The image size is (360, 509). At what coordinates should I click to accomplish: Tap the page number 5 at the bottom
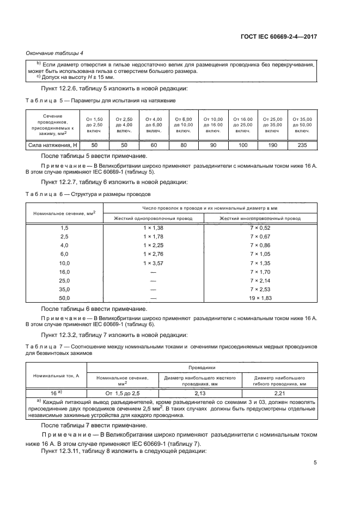click(315, 463)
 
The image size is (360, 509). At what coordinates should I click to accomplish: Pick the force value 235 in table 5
click(302, 145)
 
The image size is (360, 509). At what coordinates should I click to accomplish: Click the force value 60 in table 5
click(154, 145)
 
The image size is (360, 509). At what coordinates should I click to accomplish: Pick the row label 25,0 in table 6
click(64, 280)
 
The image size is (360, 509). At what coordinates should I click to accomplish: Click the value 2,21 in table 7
click(279, 392)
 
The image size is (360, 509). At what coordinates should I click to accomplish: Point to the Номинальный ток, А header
click(57, 376)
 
